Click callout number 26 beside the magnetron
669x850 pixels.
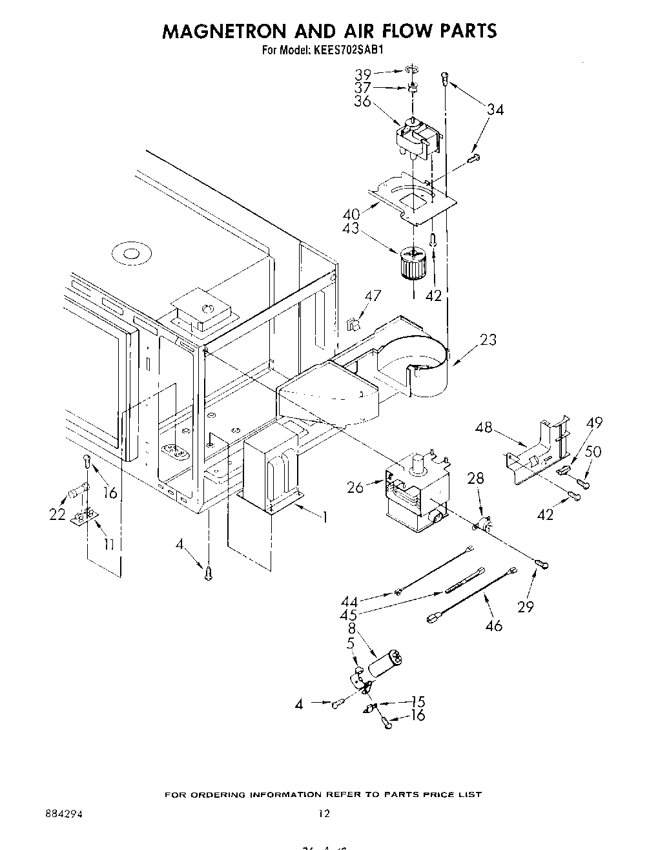point(355,486)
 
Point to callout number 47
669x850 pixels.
point(373,296)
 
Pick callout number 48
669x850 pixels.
point(483,427)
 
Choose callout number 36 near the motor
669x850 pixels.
point(362,101)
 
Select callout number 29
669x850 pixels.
point(526,606)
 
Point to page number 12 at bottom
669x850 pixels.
point(324,814)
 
